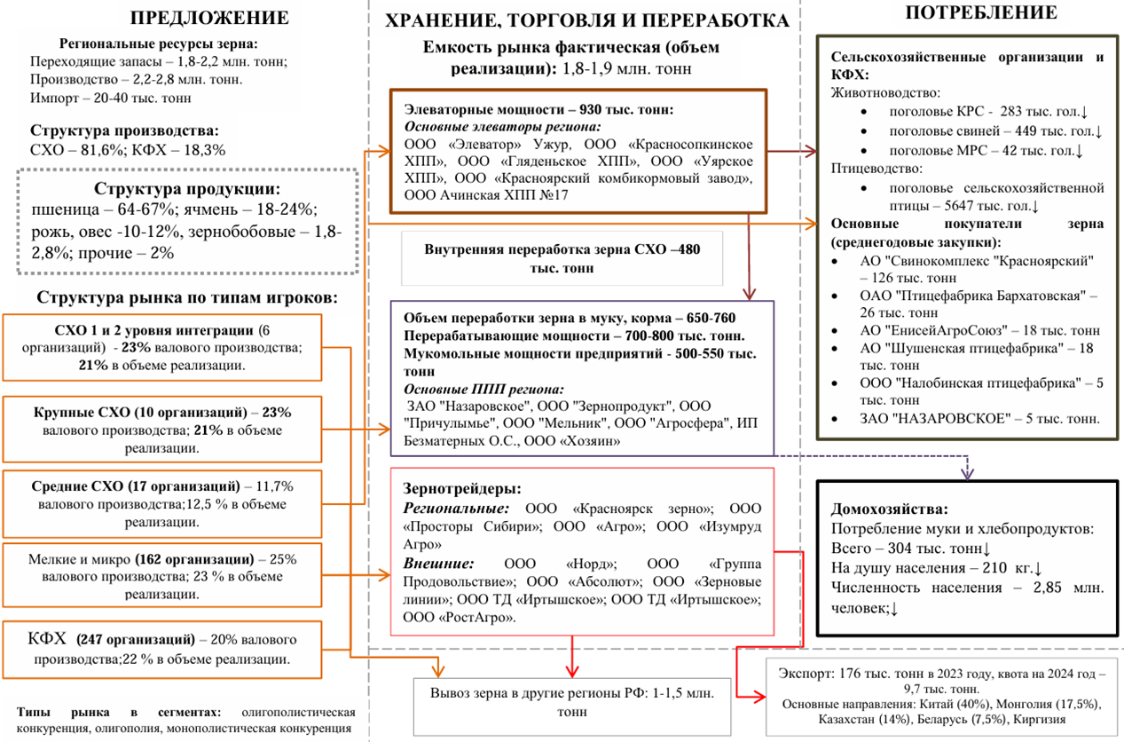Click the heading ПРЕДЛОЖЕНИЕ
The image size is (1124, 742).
pos(208,18)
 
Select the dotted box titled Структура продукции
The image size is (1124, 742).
pos(186,222)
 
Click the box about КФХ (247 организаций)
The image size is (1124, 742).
pos(161,649)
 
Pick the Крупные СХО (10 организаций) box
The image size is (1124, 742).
pos(161,430)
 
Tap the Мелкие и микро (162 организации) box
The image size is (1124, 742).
pos(161,577)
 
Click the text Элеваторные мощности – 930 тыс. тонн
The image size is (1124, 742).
pos(538,110)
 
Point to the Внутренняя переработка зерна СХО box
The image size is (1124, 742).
pos(562,258)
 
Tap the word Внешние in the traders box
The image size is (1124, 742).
pos(438,564)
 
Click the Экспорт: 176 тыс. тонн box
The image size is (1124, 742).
pos(941,695)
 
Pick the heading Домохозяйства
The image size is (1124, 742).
pos(889,509)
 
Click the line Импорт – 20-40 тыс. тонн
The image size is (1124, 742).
pos(110,98)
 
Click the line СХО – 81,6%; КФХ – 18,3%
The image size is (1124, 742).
pos(128,150)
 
